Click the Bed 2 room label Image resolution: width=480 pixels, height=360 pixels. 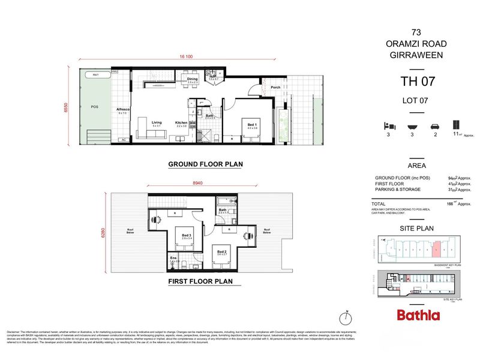coord(221,253)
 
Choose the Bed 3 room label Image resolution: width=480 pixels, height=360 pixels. coord(186,236)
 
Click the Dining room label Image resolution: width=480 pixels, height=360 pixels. coord(192,79)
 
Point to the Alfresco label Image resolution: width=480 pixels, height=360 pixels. coord(123,109)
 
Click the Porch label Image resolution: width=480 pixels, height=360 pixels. coord(275,88)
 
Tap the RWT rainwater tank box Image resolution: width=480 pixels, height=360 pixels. coord(95,74)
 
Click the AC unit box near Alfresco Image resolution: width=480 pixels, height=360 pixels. coord(124,140)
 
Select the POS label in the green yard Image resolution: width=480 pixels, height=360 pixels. coord(94,107)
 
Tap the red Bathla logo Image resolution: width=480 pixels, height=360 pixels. coord(418,315)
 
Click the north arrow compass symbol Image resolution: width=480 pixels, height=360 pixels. coord(347,317)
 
